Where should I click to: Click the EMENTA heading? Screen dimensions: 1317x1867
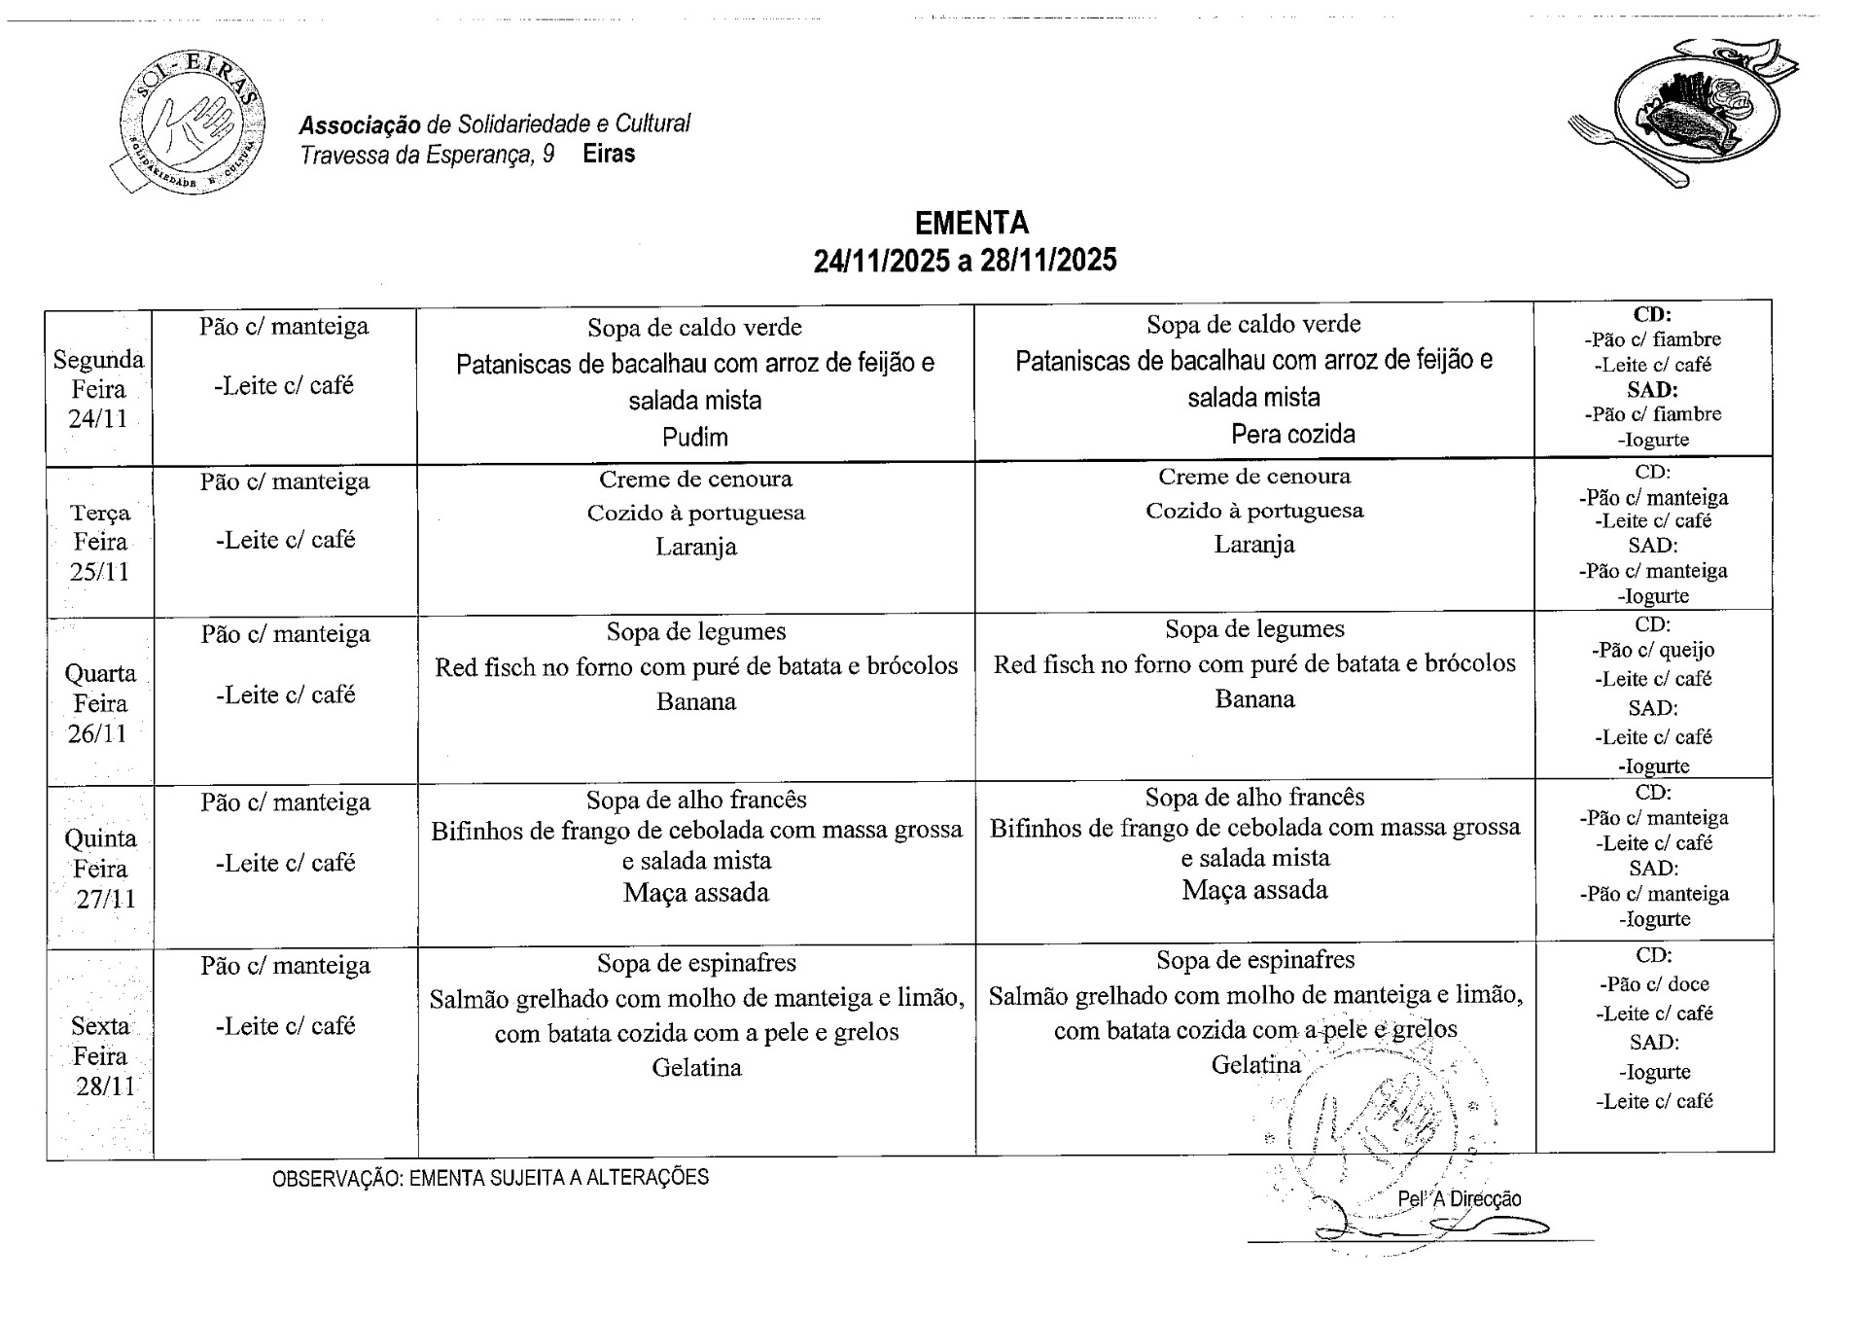970,223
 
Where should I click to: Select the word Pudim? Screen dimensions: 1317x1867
694,437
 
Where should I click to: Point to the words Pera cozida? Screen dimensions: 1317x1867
1292,434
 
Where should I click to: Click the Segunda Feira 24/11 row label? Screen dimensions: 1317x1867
98,389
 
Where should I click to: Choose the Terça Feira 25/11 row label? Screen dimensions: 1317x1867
99,542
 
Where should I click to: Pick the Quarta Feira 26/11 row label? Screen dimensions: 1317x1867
99,703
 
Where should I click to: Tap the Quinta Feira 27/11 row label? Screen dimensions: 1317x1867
100,869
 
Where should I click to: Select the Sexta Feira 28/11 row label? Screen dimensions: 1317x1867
100,1055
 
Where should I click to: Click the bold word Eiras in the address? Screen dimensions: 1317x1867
609,154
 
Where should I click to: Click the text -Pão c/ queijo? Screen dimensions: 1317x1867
1652,650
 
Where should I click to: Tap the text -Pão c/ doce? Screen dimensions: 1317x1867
1653,983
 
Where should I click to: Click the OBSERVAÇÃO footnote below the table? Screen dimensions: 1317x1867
490,1177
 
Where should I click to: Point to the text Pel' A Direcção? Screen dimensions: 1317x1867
1459,1199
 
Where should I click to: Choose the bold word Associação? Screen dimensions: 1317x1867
360,125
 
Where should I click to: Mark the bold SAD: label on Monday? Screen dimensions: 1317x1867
1652,389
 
